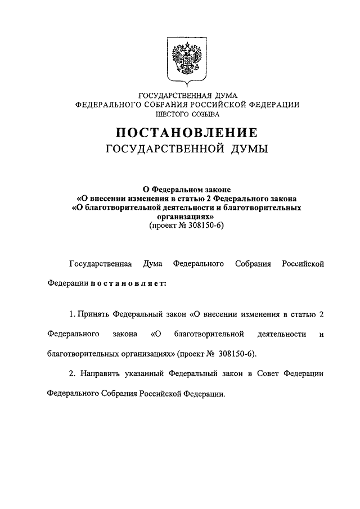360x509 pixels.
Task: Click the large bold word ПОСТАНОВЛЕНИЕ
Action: coord(187,133)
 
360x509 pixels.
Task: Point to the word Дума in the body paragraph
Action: coord(153,263)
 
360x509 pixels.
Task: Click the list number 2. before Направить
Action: coord(71,373)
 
